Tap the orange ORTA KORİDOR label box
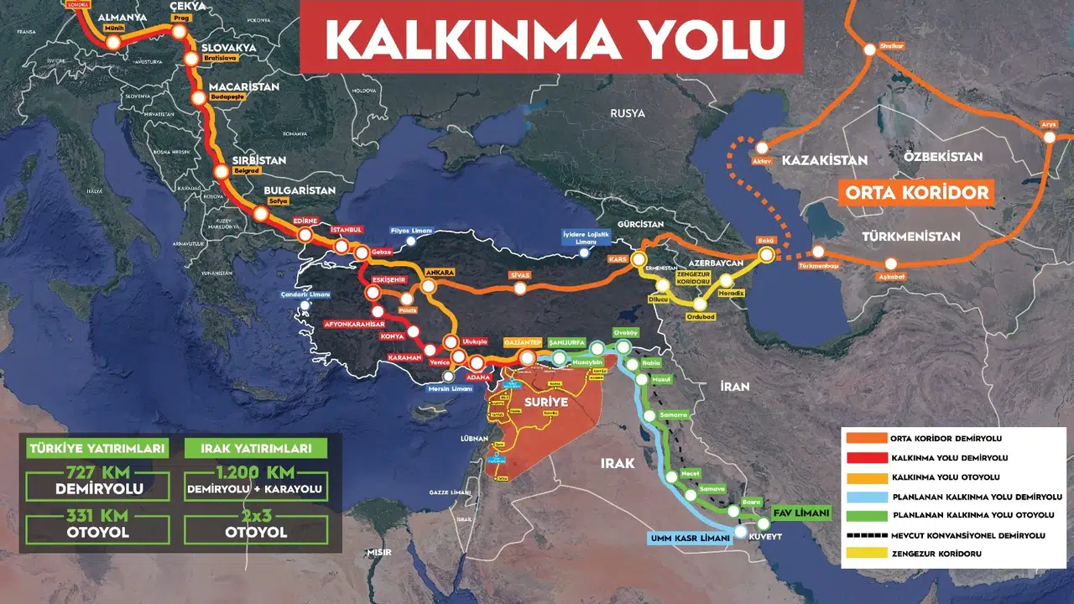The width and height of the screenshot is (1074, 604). click(917, 192)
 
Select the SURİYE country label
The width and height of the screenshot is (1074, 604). click(546, 403)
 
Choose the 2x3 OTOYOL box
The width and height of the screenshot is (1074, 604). click(255, 525)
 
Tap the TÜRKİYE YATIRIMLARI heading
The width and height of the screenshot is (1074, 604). click(97, 448)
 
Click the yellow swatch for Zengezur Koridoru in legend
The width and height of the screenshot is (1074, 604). click(863, 554)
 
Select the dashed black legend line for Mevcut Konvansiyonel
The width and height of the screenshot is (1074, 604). click(863, 534)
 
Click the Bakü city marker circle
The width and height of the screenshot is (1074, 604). click(766, 255)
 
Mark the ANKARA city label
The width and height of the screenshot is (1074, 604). click(440, 273)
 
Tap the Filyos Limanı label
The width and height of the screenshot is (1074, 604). click(411, 230)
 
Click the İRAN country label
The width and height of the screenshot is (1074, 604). click(734, 387)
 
